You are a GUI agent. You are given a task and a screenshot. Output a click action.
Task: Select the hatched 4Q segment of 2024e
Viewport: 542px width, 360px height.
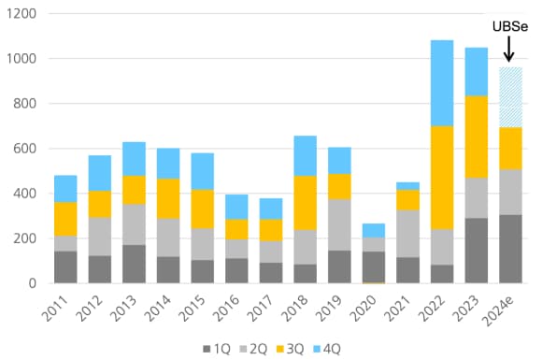pos(509,97)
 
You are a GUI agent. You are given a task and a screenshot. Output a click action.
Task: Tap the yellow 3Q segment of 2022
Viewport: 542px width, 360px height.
pos(441,177)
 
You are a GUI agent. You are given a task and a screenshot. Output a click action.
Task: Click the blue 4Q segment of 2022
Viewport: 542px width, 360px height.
pos(441,82)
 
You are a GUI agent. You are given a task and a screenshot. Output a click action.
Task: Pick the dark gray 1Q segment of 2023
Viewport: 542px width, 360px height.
pos(476,251)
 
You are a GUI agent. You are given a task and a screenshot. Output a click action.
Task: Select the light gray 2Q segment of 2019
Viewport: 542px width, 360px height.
pos(339,224)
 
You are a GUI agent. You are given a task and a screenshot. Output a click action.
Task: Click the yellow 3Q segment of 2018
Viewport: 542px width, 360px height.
pos(305,202)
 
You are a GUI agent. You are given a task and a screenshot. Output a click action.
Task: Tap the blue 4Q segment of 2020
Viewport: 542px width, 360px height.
pos(373,230)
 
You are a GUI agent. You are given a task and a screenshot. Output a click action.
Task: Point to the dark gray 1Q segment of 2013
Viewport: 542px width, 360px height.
pos(134,264)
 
